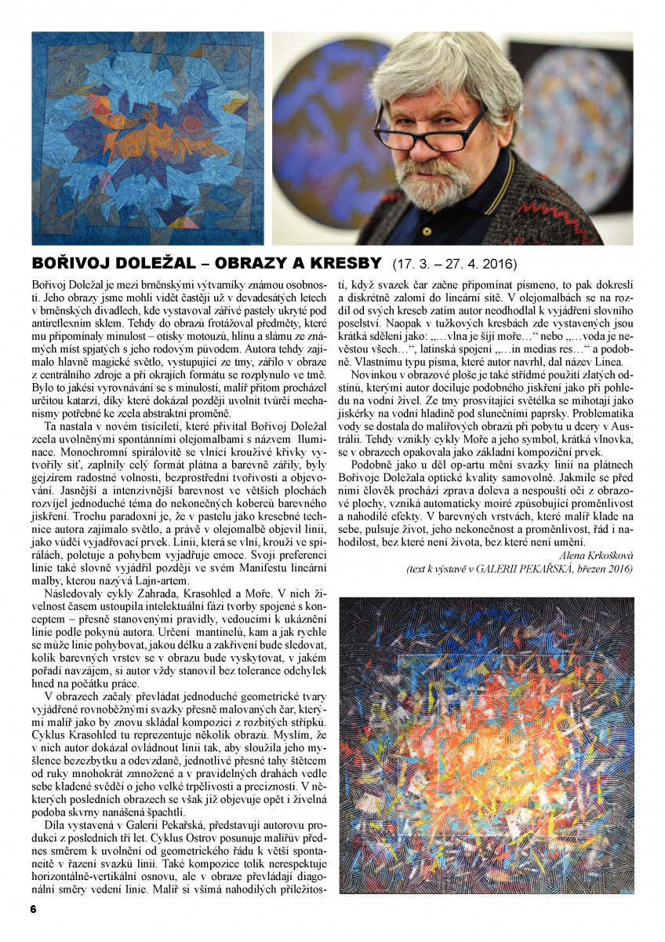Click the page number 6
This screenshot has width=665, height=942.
(x=34, y=908)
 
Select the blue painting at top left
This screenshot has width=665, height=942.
(x=147, y=138)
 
